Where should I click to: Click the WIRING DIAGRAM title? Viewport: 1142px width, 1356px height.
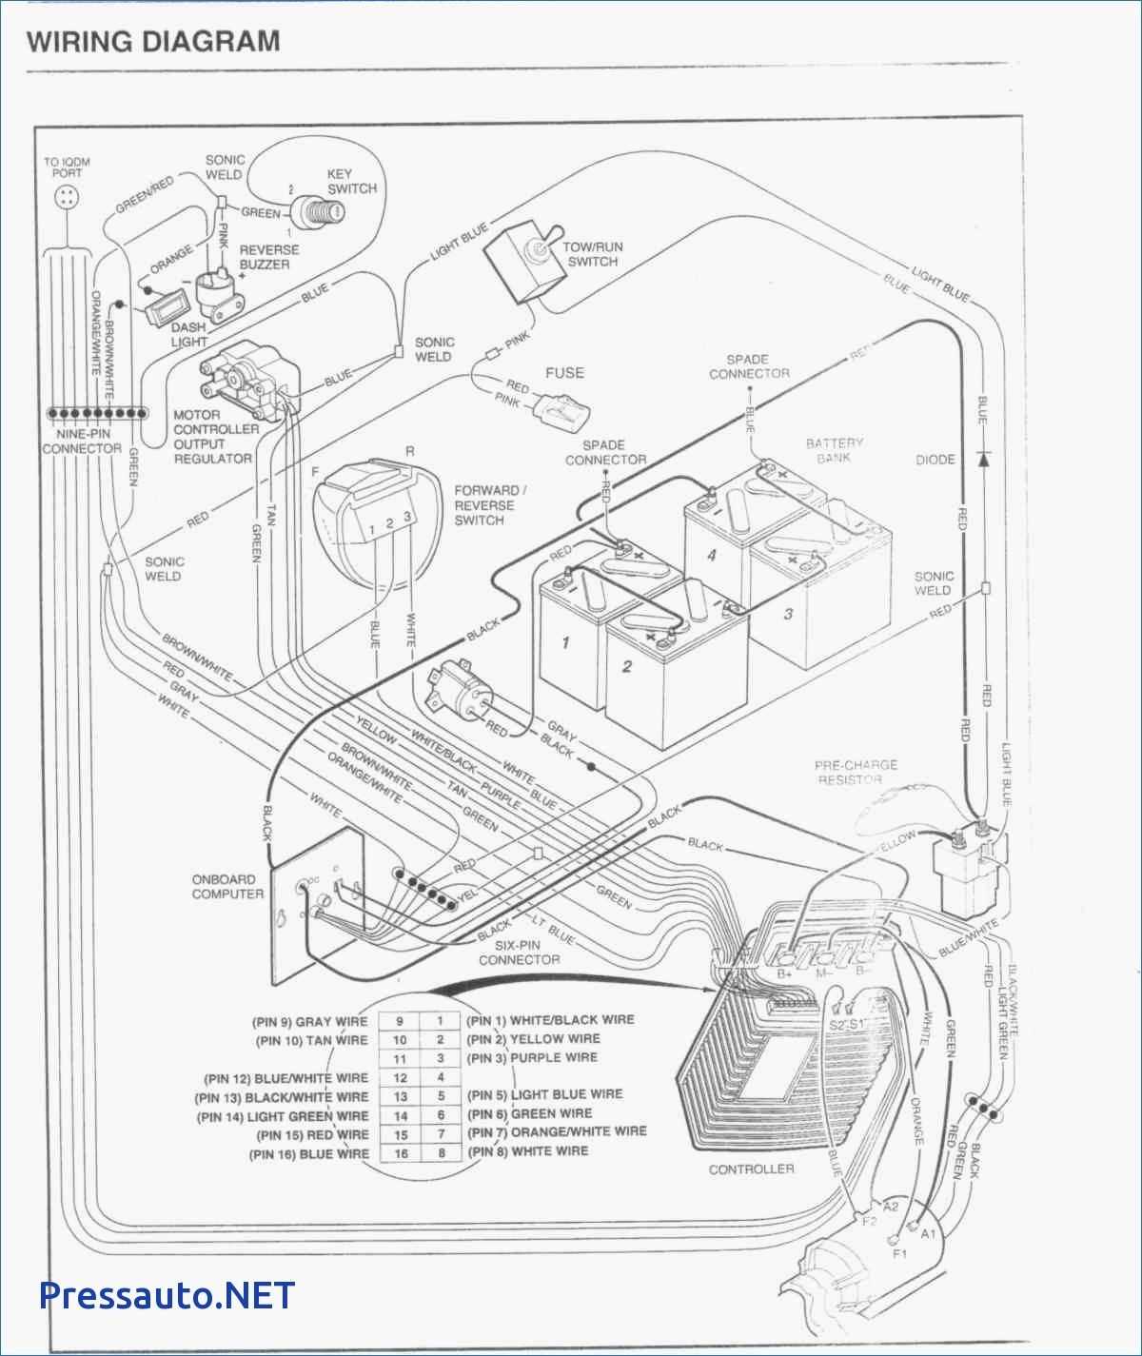point(153,42)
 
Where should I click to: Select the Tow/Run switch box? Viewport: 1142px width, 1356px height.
point(521,260)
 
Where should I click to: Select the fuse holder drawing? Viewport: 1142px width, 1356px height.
point(563,412)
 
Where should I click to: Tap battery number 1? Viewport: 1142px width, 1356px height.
point(568,647)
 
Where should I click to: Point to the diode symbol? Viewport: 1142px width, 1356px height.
point(983,459)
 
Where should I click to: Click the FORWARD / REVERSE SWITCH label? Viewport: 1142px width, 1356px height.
point(490,505)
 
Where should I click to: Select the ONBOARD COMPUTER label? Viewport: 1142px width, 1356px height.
point(227,886)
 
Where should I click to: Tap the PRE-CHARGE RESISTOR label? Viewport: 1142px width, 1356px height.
point(855,772)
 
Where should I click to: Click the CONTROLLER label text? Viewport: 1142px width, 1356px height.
point(751,1169)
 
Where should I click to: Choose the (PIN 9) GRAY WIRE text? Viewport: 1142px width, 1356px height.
point(309,1022)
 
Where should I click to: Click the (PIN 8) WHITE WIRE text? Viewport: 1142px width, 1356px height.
point(527,1151)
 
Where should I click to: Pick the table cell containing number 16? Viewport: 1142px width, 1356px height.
point(401,1153)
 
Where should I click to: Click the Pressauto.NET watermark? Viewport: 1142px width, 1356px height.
point(167,1295)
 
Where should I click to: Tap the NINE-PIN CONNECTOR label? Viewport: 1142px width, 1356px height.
point(82,441)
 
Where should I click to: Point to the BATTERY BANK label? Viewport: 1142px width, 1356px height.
point(834,450)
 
